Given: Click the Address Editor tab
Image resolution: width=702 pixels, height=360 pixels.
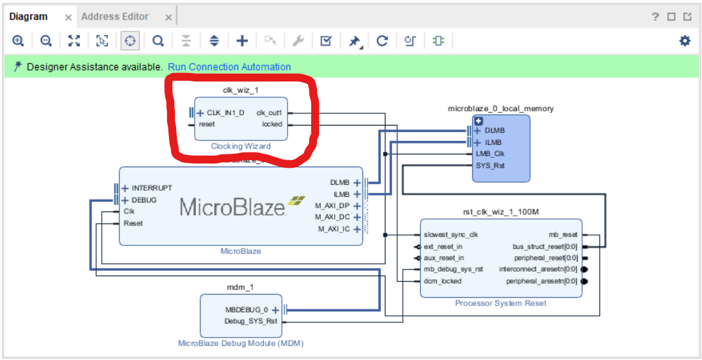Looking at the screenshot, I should [115, 17].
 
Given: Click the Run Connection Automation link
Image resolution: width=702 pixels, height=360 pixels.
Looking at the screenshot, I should [229, 67].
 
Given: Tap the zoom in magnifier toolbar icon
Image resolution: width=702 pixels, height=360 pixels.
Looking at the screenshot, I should [18, 41].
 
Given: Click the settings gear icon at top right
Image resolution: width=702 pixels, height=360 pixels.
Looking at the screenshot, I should [685, 41].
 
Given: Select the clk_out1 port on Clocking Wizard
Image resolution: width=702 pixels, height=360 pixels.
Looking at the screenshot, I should [270, 113].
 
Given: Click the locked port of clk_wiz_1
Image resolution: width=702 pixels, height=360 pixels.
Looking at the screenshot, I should [272, 124].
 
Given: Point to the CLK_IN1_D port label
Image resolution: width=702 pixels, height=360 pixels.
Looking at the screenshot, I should [225, 113].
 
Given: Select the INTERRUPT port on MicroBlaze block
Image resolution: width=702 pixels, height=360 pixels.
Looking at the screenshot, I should [152, 188].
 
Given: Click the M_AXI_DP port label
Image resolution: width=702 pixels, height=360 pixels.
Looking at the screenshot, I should [332, 206].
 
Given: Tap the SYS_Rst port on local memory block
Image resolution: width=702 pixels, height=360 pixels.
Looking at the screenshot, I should [490, 165].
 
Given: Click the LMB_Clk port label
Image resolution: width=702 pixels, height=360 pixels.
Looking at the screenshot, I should [491, 154].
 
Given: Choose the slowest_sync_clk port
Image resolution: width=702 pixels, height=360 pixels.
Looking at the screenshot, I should [450, 234].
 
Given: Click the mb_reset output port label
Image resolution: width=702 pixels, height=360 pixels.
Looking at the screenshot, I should [563, 234].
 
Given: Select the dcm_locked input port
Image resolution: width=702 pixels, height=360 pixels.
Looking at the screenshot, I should [442, 281].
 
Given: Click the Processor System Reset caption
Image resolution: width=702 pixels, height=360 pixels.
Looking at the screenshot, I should [500, 303].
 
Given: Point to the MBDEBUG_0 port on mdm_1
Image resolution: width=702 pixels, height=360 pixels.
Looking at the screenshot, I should [247, 309].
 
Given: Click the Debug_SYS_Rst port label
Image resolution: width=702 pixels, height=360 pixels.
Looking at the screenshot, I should [250, 321].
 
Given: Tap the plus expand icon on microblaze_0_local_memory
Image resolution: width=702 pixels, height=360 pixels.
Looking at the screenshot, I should [478, 120].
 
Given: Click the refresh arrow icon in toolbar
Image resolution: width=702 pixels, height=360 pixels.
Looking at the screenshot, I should [382, 41].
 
